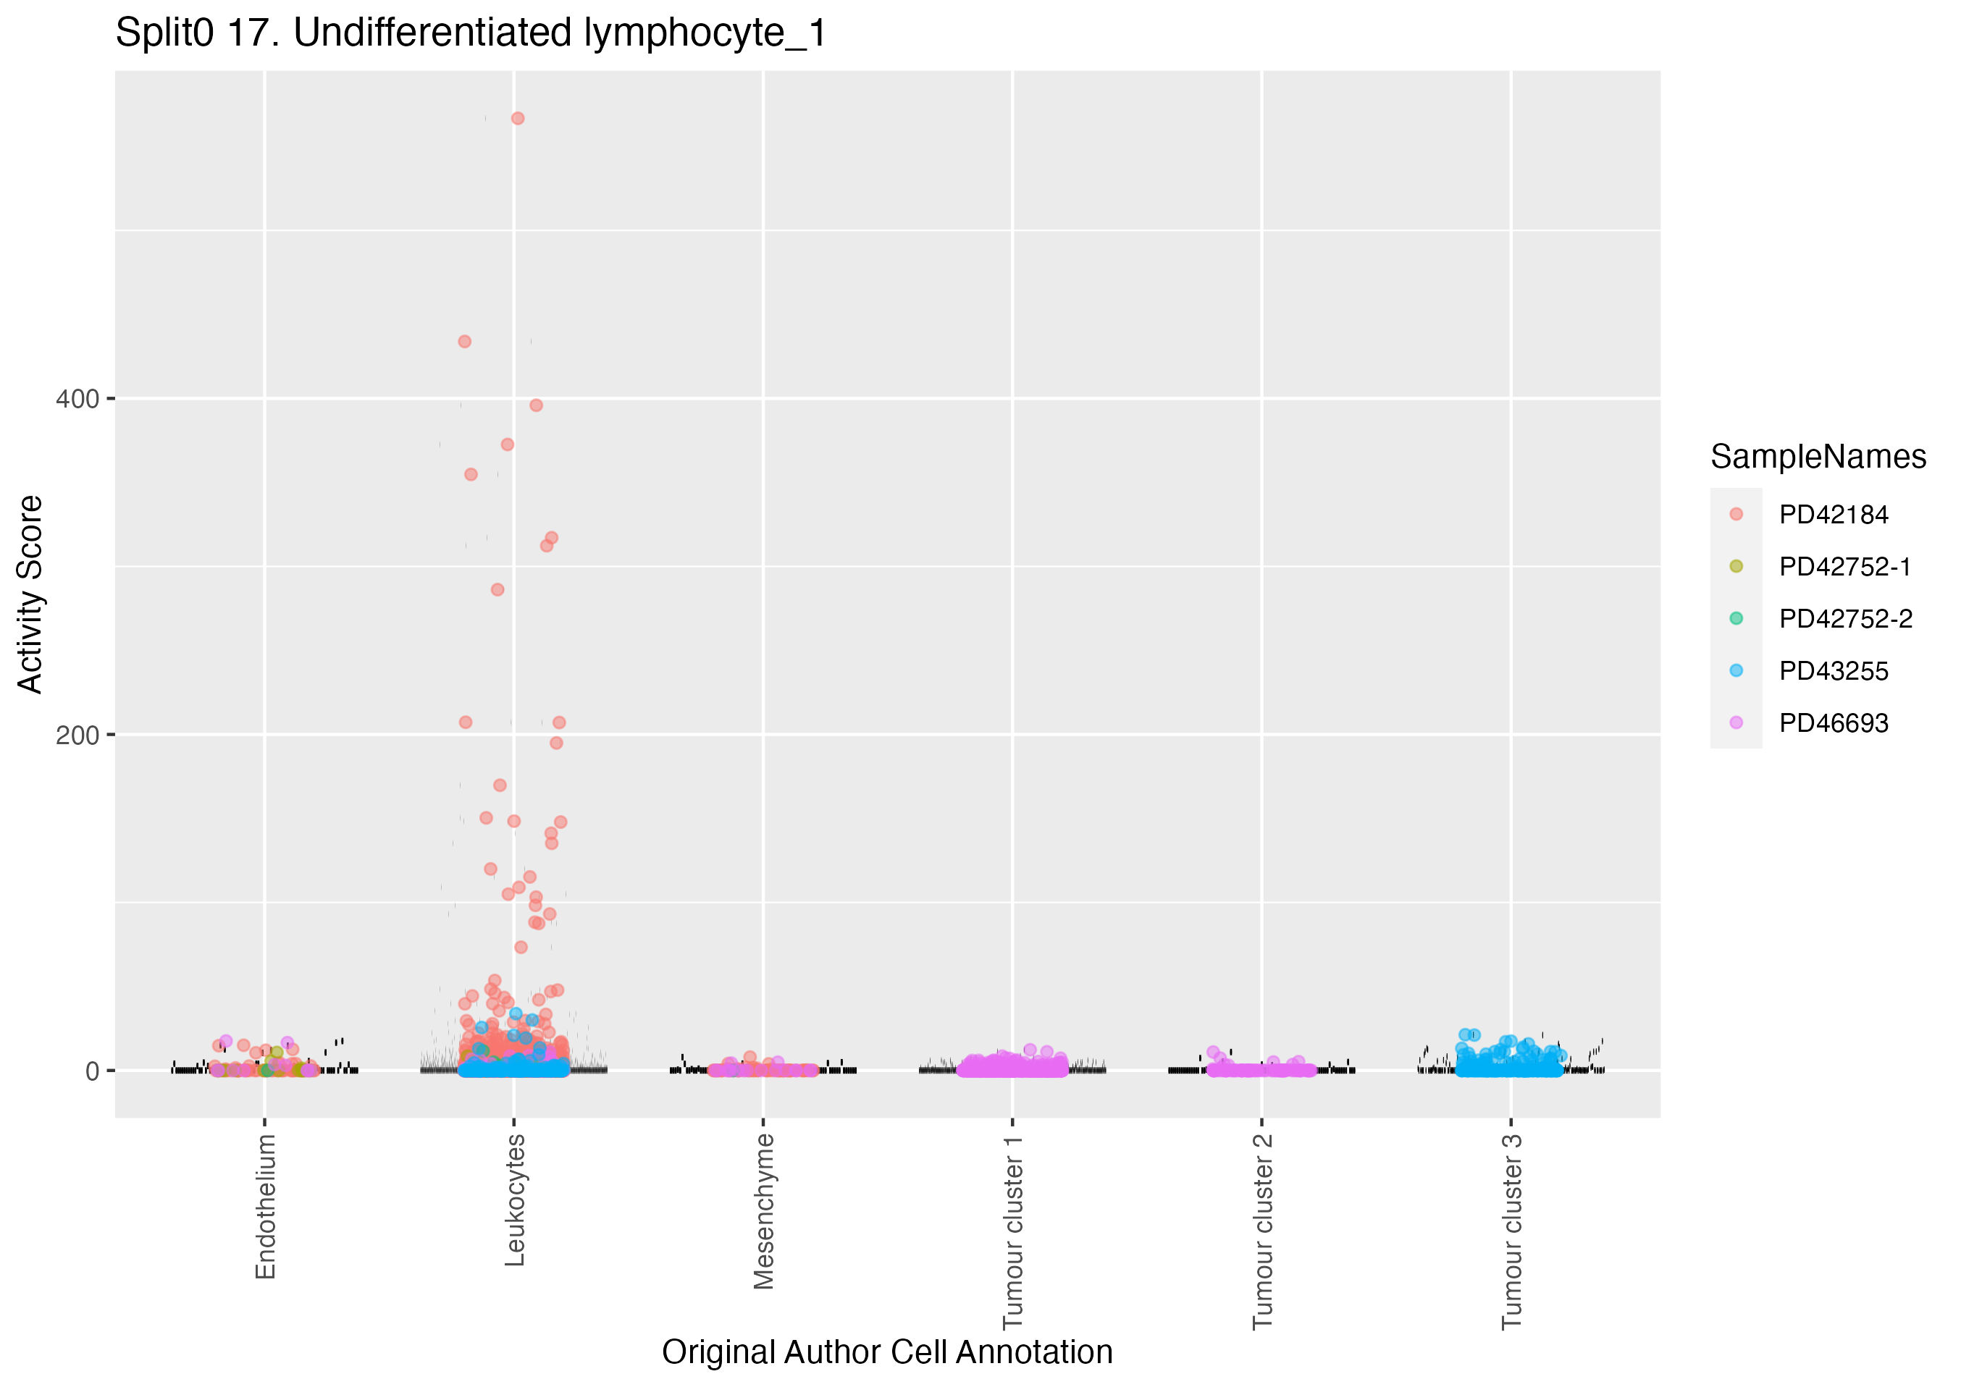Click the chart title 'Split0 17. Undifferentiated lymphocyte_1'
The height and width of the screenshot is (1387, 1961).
pos(471,34)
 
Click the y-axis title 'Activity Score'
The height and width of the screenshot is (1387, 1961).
pos(30,594)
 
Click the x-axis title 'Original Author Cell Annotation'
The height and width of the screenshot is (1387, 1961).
pos(886,1352)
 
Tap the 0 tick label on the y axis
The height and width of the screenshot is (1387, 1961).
pos(92,1071)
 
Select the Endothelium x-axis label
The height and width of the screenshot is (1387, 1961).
pos(266,1206)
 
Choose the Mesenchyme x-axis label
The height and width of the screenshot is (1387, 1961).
pos(763,1211)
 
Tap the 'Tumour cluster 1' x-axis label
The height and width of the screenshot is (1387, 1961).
pos(1013,1231)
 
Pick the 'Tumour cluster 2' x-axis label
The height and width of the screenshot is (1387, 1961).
pos(1262,1231)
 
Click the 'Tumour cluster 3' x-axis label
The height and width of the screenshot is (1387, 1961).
pos(1512,1231)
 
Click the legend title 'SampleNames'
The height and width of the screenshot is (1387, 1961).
pos(1818,457)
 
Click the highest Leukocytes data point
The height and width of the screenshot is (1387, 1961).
pos(518,119)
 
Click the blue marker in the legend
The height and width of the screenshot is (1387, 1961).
pos(1736,671)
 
